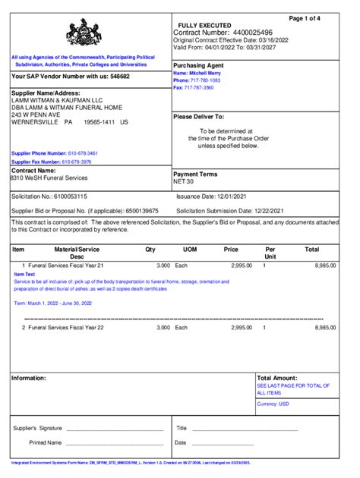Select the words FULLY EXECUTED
204,26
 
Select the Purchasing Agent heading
200,65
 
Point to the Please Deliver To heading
199,117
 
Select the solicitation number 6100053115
76,196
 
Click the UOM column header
189,249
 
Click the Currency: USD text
273,404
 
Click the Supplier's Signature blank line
115,429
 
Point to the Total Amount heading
277,377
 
